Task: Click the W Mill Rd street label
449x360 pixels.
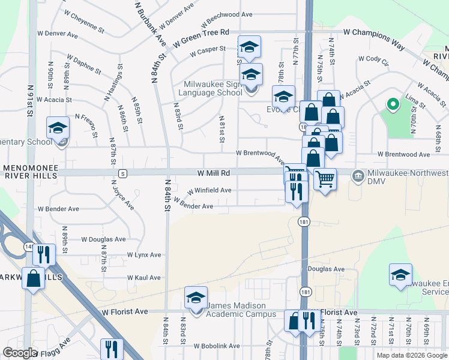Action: point(214,173)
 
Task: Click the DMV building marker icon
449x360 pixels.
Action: point(358,176)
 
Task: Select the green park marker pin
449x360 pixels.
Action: point(393,104)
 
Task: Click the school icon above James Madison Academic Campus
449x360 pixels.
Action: point(195,298)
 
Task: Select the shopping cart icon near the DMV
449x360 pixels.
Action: point(325,178)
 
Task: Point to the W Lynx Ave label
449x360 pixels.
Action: point(144,255)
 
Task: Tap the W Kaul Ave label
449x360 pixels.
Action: point(144,278)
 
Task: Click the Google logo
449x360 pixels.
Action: point(20,352)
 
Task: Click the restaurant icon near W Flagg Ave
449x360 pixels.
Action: point(111,349)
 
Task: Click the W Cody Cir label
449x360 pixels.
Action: point(374,59)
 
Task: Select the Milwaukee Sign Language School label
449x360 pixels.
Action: point(212,88)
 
